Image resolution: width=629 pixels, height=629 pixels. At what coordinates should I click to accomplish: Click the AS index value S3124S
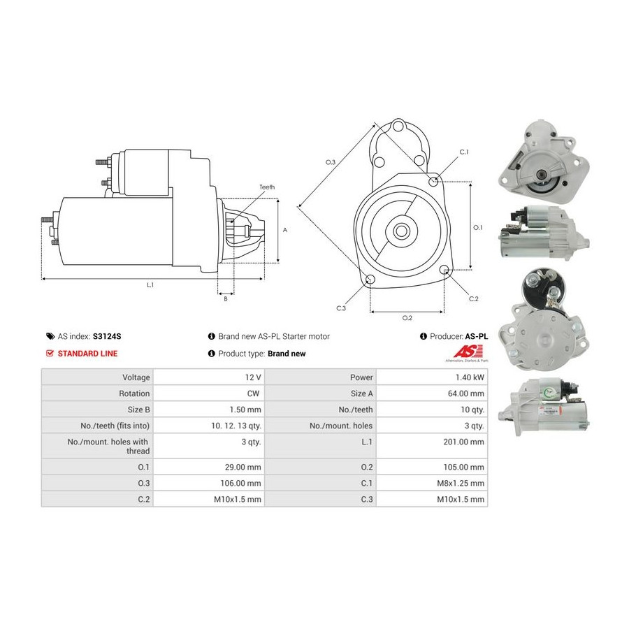coord(107,336)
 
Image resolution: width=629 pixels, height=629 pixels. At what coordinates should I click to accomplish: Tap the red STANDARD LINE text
coord(87,354)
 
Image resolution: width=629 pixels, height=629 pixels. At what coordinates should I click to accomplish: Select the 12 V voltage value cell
coord(253,377)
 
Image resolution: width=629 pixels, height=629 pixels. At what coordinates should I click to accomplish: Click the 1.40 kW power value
coord(470,377)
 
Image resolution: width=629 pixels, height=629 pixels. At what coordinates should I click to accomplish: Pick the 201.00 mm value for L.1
coord(464,442)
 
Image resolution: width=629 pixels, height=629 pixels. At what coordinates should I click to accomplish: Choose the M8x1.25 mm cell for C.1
coord(461,483)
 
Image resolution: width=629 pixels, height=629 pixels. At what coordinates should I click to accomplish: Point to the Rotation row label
coord(134,393)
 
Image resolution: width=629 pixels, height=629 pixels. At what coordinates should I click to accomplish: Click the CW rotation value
coord(253,393)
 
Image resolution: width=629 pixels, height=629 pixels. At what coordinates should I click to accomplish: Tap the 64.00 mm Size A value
coord(466,393)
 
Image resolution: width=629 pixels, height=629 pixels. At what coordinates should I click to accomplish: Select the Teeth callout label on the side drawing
coord(267,187)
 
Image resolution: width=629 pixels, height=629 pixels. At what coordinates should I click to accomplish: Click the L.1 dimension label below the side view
coord(150,285)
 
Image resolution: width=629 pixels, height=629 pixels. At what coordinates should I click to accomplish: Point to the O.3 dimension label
coord(330,162)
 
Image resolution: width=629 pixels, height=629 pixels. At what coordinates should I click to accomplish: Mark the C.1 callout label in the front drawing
coord(464,152)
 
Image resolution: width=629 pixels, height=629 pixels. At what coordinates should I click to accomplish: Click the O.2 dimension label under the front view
coord(407,318)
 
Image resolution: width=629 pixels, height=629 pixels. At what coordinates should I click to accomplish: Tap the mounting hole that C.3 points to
coord(370,279)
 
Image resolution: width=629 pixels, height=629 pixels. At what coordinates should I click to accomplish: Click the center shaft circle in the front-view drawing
coord(400,231)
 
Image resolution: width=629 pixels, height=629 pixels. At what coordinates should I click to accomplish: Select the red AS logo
coord(468,352)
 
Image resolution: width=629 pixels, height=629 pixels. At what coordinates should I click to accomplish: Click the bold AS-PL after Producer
coord(477,336)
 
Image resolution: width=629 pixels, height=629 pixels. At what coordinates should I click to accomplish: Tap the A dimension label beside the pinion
coord(285,230)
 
